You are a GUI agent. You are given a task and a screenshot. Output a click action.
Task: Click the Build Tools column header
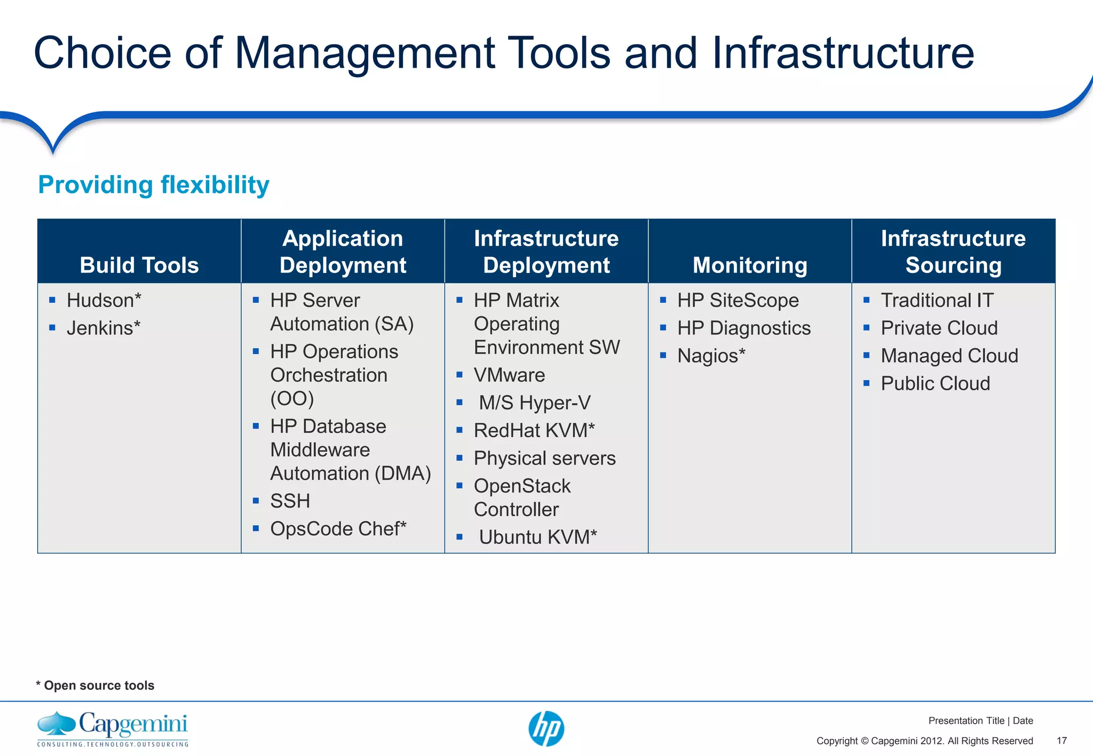139,265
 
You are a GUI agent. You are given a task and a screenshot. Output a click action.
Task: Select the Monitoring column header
750,265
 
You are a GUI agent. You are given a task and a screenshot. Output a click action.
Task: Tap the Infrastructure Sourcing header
953,252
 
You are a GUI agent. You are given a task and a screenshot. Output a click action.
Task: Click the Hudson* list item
104,300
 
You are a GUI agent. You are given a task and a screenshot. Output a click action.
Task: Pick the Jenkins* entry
104,328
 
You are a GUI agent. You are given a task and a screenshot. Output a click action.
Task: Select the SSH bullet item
290,501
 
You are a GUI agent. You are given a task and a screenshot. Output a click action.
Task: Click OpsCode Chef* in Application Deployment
338,528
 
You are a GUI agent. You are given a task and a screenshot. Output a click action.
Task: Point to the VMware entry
509,375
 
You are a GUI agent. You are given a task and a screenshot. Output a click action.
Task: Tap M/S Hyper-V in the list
534,403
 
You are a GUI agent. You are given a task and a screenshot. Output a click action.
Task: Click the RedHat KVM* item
534,430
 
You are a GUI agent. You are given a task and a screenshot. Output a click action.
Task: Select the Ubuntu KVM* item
537,537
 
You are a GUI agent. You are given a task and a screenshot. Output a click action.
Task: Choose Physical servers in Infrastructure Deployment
544,458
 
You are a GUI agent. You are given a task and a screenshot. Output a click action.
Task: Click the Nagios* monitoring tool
711,356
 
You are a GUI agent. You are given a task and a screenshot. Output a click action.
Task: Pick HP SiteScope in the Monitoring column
738,300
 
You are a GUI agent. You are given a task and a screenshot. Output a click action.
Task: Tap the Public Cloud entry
935,383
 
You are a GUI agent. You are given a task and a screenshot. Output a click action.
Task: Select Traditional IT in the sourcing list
937,300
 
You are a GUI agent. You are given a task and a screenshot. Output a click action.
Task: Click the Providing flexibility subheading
154,185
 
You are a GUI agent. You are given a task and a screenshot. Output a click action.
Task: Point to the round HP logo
546,728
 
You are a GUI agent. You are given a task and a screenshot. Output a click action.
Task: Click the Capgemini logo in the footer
113,728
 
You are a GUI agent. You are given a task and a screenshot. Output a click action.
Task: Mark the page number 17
1062,741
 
